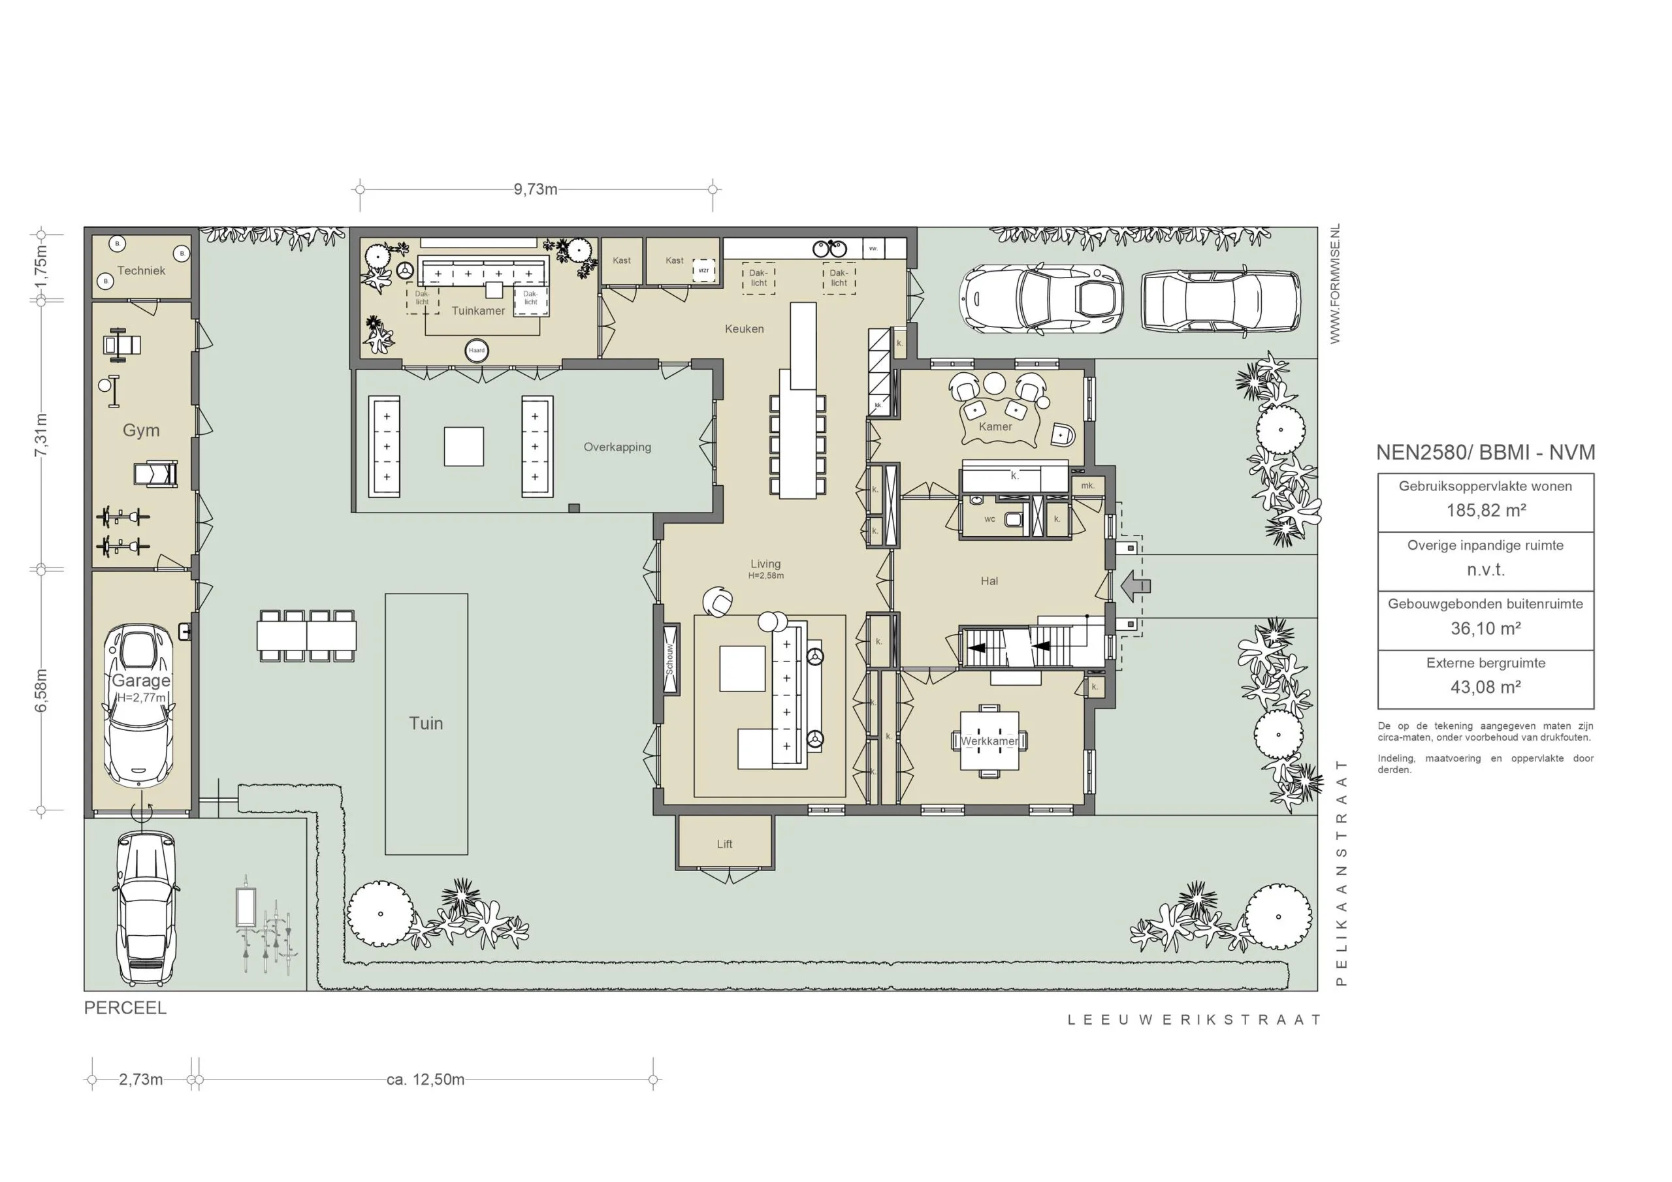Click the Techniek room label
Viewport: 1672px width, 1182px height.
141,270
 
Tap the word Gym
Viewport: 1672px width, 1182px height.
140,430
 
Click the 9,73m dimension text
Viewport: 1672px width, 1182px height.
536,189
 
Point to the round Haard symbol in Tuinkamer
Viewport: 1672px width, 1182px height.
476,350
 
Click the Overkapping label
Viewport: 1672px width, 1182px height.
617,447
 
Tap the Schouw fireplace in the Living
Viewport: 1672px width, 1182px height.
670,658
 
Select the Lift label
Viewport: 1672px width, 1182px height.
724,844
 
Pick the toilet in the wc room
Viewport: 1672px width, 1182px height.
1014,519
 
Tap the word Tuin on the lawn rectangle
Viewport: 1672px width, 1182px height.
426,723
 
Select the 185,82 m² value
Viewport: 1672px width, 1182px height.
1486,511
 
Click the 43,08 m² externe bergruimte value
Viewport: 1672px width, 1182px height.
1486,687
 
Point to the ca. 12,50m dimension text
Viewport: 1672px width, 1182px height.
425,1079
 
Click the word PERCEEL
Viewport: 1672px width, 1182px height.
125,1008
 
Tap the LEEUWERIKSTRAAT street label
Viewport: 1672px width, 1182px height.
1195,1019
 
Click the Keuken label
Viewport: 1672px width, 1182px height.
745,329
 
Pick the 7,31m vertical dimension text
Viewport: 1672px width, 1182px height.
42,435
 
